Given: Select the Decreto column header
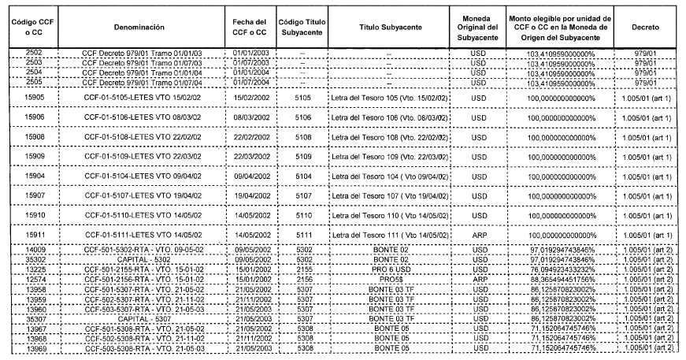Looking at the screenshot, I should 646,27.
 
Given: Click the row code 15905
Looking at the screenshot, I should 34,98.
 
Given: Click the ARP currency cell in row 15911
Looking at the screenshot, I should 479,235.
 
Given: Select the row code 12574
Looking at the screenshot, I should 34,280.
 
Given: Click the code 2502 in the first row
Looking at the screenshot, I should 34,53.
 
